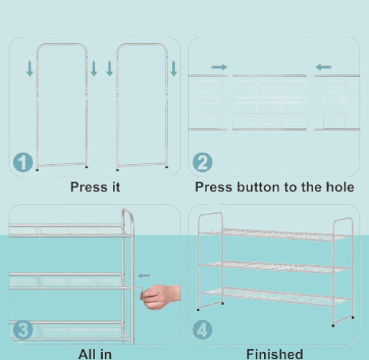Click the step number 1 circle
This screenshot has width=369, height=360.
tap(23, 162)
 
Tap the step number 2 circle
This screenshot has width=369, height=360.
tap(202, 162)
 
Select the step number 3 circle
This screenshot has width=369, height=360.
tap(23, 330)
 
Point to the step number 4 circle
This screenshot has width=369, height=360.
tap(202, 330)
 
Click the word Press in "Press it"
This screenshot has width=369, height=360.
tap(88, 187)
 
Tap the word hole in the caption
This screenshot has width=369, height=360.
tap(340, 187)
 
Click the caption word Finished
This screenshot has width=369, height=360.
tap(275, 354)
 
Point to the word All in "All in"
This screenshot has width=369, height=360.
tap(86, 354)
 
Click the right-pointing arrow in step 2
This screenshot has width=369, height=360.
tap(219, 67)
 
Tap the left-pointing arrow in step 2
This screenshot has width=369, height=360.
tap(324, 67)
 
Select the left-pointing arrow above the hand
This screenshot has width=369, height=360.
tap(145, 276)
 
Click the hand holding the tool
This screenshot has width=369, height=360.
tap(160, 297)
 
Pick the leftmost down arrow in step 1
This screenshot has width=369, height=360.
tap(29, 68)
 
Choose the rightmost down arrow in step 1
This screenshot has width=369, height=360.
tap(173, 68)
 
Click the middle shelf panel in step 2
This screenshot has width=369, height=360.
tap(269, 103)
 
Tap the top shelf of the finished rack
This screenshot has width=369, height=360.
tap(274, 235)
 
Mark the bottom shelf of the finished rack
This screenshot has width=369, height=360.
tap(275, 297)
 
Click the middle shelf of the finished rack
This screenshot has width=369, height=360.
tap(275, 267)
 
